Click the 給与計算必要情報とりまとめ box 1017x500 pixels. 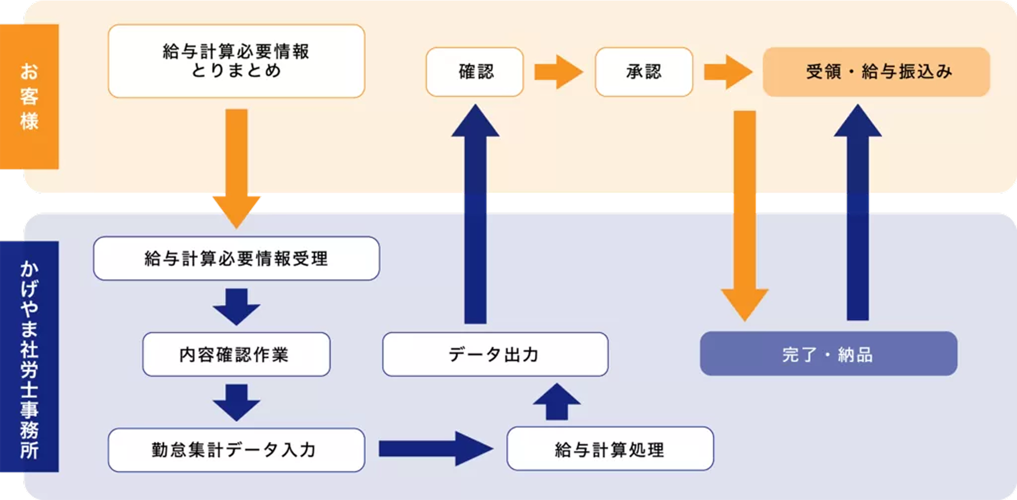coord(236,61)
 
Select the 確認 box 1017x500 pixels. coord(475,72)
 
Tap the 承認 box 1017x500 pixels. coord(644,72)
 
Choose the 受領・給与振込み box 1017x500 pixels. coord(876,72)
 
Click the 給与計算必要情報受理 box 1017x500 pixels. coord(236,258)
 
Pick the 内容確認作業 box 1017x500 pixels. coord(236,354)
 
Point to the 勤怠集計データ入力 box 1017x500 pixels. coord(236,450)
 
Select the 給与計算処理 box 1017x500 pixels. coord(610,449)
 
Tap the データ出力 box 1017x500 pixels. coord(495,354)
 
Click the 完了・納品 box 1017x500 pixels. coord(828,354)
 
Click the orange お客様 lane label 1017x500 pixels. coord(29,96)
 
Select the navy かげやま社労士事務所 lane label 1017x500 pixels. coord(29,357)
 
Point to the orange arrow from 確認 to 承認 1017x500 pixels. coord(558,72)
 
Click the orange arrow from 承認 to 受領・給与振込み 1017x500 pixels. coord(727,72)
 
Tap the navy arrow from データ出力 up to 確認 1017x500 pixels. coord(475,215)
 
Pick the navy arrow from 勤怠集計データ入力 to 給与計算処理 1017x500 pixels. coord(435,448)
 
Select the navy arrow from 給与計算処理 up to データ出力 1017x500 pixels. coord(556,403)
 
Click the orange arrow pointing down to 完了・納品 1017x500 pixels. coord(745,215)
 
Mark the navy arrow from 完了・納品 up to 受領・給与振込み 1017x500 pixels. coord(858,215)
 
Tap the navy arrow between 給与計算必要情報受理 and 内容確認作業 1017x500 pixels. coord(236,306)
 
